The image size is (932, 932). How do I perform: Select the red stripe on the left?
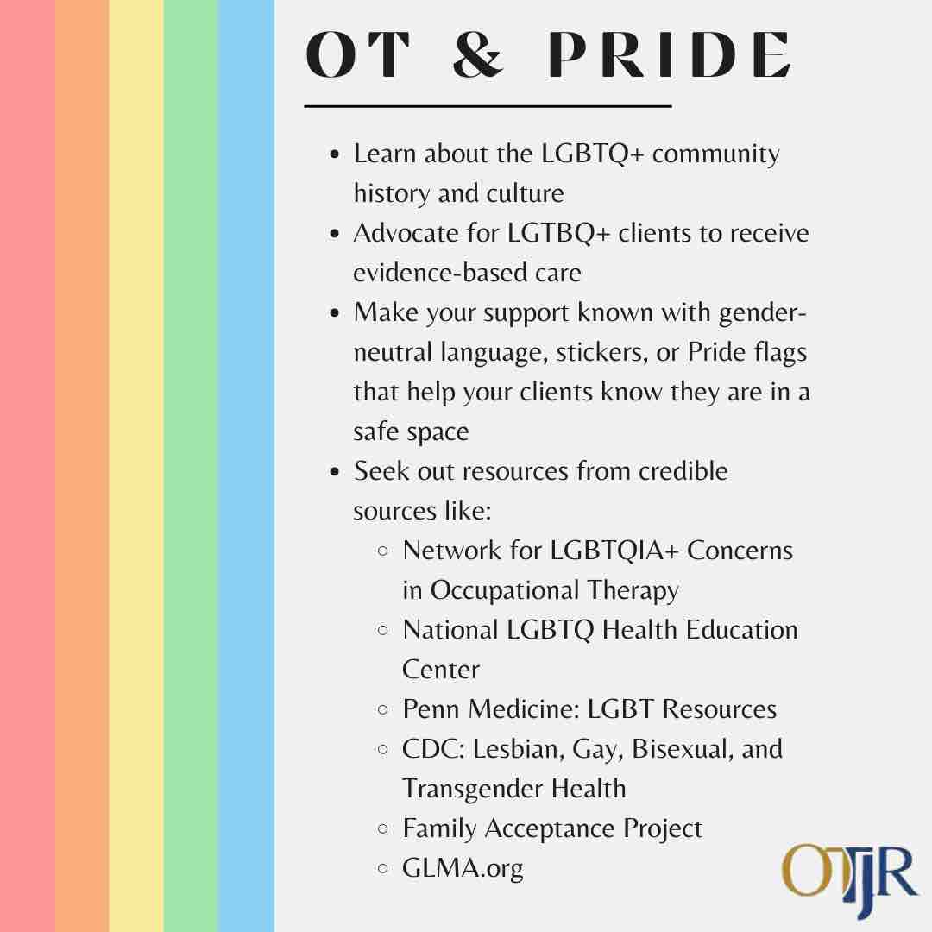pos(27,466)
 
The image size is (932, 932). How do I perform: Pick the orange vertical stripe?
pos(82,466)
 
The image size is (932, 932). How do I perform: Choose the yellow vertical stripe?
pos(136,466)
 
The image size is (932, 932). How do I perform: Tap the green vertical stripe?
pos(191,466)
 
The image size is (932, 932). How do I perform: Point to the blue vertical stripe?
pos(246,466)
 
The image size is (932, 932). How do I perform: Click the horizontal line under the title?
pos(488,106)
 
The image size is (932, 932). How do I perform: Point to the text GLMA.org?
pos(463,867)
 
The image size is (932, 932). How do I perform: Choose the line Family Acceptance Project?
pos(552,828)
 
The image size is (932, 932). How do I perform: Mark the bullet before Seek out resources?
pos(336,472)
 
